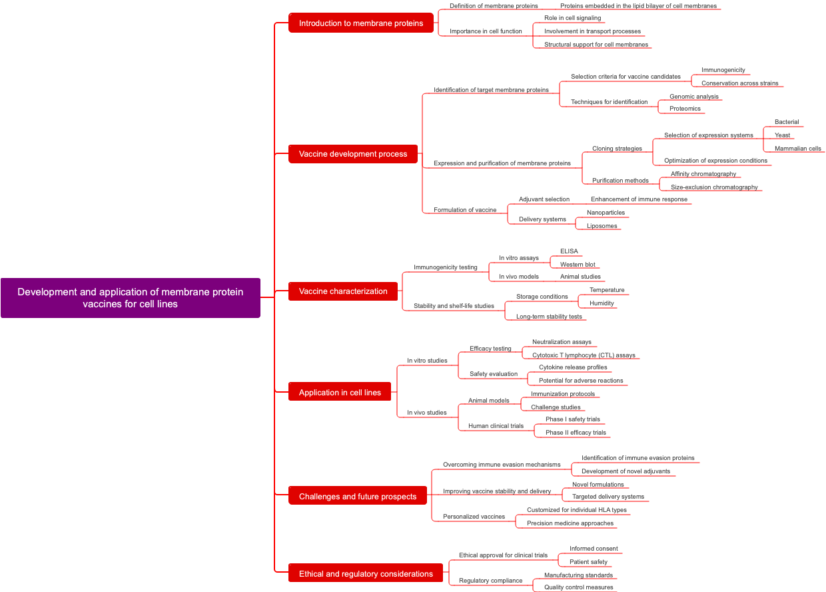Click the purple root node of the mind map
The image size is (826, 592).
[131, 298]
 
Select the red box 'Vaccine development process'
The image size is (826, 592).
[353, 154]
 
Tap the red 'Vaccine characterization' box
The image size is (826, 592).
[343, 291]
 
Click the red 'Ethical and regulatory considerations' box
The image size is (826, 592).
[366, 573]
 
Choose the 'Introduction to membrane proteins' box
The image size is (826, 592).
[361, 23]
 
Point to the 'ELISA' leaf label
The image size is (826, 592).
[569, 251]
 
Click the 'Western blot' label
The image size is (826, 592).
[578, 265]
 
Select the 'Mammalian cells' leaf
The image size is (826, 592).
[797, 149]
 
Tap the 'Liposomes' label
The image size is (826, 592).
[602, 226]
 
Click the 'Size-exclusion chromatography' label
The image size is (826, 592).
[714, 187]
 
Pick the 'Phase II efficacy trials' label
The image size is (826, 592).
[576, 433]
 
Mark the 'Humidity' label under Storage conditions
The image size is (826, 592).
[602, 303]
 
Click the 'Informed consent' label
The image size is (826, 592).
[594, 549]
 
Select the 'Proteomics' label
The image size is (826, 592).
[685, 109]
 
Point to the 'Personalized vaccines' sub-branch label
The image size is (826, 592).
[474, 517]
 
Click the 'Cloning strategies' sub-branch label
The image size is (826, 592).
[617, 149]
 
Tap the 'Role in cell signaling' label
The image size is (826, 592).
[572, 18]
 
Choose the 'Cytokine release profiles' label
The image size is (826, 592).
[573, 367]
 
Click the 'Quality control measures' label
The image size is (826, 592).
[578, 587]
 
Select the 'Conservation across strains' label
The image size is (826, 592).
[739, 83]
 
